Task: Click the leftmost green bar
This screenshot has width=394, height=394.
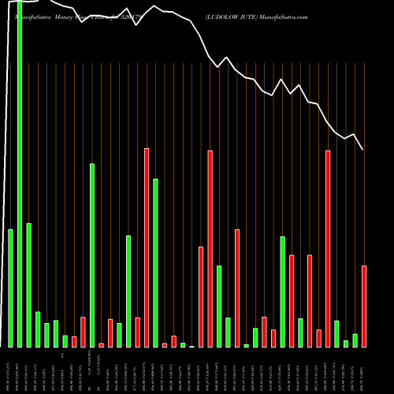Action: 10,288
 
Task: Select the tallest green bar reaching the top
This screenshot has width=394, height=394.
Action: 20,173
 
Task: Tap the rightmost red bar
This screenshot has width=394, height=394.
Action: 364,306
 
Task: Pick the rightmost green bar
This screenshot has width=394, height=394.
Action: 355,340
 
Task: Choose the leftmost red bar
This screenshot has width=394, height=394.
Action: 74,341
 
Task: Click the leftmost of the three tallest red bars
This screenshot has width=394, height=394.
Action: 147,247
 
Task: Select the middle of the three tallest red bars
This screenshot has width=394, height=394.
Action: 210,248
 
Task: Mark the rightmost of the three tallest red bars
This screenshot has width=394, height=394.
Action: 328,248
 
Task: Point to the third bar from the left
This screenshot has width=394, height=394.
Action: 28,284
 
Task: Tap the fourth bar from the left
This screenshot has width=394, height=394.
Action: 38,329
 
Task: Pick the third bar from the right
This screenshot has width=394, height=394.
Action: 346,343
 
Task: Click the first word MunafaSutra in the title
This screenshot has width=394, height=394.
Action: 28,16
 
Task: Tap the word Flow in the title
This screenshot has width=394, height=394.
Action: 85,16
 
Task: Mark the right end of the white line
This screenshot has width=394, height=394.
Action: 362,150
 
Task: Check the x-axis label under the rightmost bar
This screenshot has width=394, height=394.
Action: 364,370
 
